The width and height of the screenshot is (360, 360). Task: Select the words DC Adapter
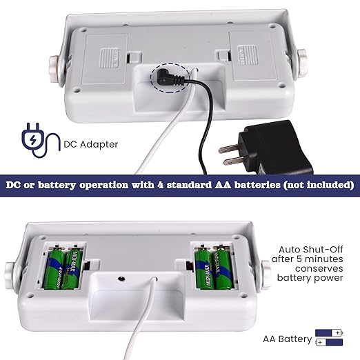point(91,144)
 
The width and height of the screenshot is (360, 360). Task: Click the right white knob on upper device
point(301,64)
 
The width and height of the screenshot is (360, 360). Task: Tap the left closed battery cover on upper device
point(106,59)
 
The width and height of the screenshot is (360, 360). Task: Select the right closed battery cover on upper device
point(253,57)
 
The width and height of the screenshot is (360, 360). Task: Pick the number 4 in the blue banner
point(161,185)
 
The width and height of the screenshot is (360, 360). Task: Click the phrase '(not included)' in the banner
point(319,185)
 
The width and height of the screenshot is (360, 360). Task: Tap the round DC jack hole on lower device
point(121,279)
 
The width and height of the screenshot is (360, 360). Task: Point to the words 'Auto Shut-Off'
point(311,250)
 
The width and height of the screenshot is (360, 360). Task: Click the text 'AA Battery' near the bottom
point(288,339)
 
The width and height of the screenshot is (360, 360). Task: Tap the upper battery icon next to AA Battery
point(329,332)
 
